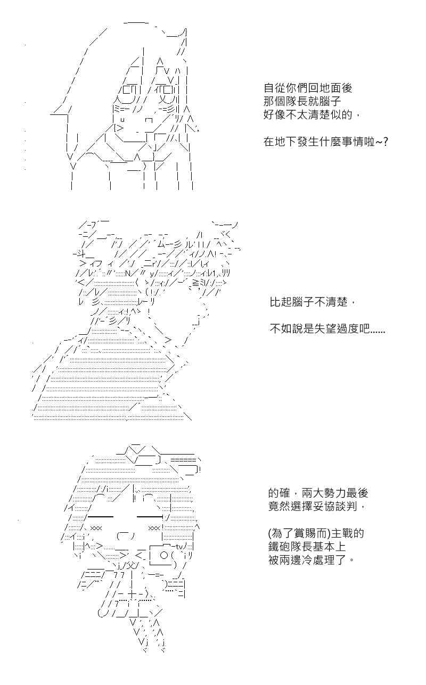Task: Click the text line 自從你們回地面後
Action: click(x=308, y=88)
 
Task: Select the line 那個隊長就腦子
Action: click(x=302, y=102)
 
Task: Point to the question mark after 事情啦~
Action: click(x=386, y=142)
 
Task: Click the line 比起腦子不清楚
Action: click(x=313, y=302)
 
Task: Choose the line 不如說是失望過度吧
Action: click(x=327, y=329)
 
